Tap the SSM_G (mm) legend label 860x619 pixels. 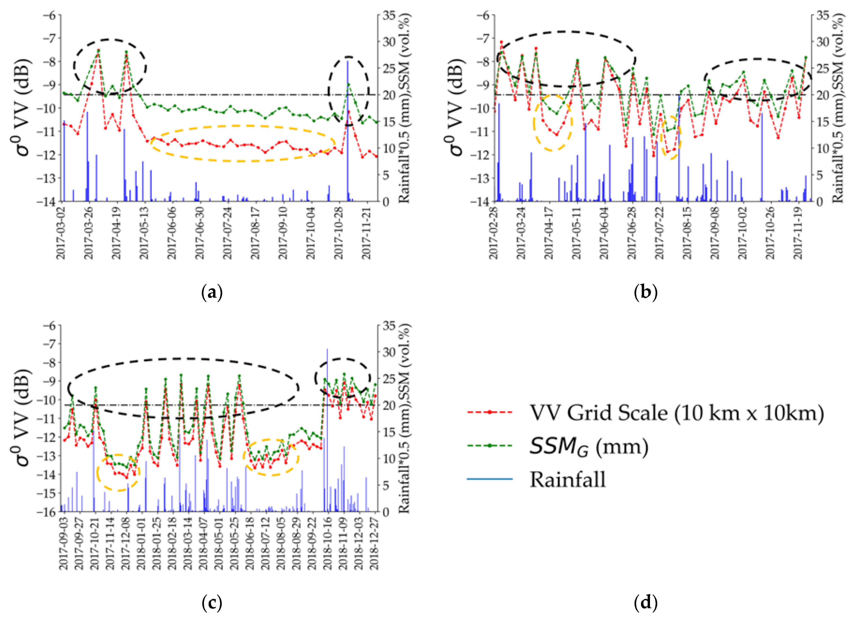(x=588, y=446)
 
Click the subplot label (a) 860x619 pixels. (x=212, y=293)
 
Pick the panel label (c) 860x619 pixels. (x=212, y=603)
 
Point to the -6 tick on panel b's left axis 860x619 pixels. (x=485, y=15)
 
